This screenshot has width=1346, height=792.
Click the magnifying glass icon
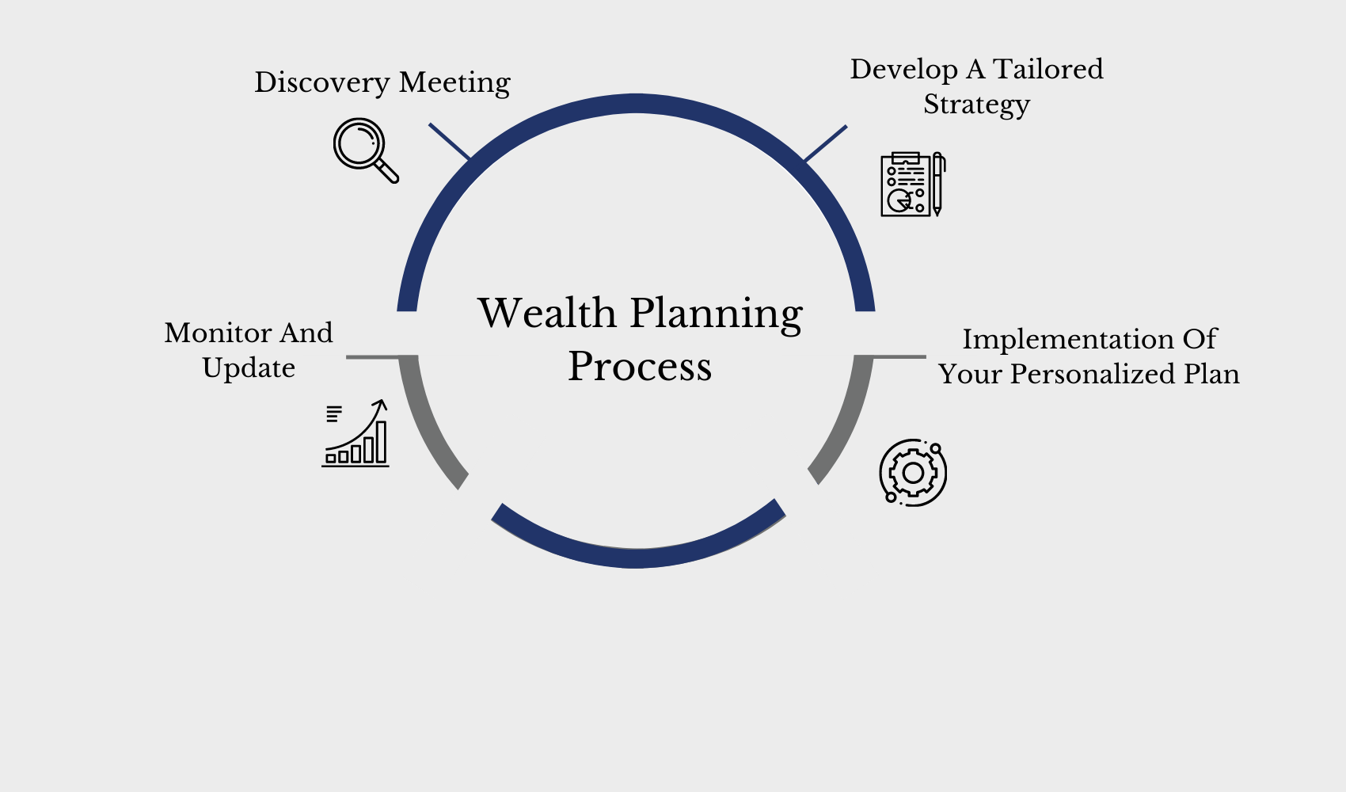pos(365,150)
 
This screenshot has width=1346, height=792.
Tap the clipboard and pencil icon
pos(913,185)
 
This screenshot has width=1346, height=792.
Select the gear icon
pos(913,473)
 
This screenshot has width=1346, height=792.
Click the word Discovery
pos(321,82)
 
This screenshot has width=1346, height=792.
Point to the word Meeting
pos(454,82)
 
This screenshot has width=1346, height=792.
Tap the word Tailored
pos(1048,69)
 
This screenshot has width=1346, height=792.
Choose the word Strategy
pos(976,105)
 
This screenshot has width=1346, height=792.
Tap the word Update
pos(249,368)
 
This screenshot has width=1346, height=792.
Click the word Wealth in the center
pos(547,313)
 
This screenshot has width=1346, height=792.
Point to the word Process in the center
pos(640,366)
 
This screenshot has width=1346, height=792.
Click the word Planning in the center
pos(717,314)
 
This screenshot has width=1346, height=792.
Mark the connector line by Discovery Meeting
pos(449,141)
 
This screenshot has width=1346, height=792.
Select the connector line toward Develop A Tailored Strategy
pos(826,143)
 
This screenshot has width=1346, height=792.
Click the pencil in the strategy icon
pos(937,185)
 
